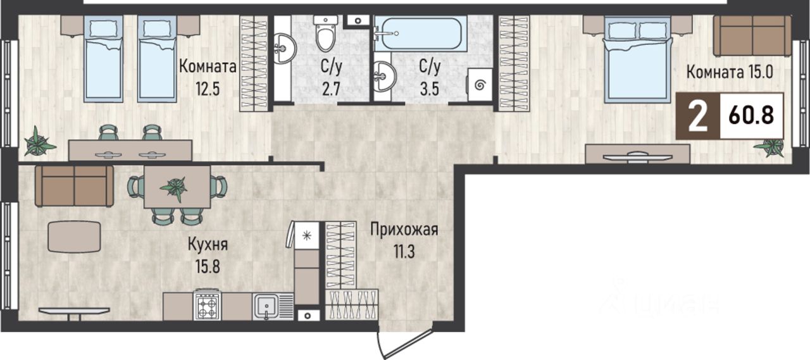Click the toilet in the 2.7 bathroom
click(326, 34)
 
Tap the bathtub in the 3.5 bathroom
click(420, 34)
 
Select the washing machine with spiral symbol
click(480, 85)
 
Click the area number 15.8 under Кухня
click(208, 268)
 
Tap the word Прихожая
click(404, 230)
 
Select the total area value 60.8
click(751, 116)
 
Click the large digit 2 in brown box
click(697, 116)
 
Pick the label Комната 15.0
click(730, 72)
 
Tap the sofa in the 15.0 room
click(752, 36)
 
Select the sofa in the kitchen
click(75, 186)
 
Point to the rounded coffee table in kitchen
click(74, 237)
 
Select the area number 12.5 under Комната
click(208, 89)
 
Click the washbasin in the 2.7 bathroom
click(284, 49)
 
